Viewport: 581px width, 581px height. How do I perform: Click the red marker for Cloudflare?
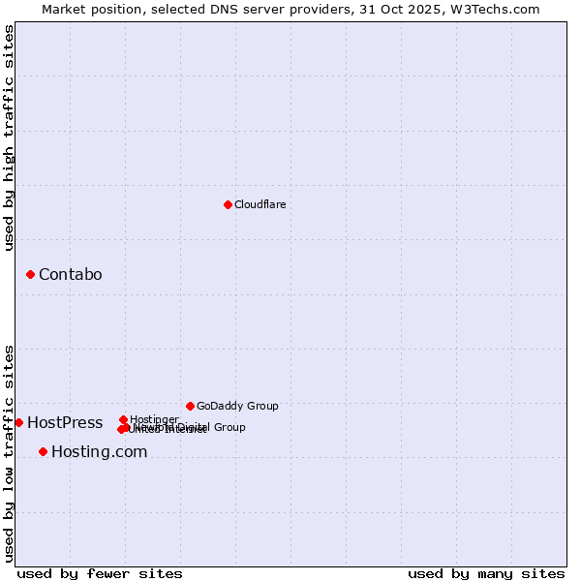(228, 204)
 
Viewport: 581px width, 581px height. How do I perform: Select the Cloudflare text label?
(260, 204)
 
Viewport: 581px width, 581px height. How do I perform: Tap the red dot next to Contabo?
(30, 274)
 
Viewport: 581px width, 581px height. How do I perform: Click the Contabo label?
(70, 274)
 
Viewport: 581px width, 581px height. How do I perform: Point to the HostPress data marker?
(18, 422)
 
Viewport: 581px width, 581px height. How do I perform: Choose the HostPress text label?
(65, 422)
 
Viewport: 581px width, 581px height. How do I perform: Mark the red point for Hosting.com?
(43, 451)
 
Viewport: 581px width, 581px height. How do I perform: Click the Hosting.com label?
(99, 451)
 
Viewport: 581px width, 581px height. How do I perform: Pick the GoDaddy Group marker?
(190, 406)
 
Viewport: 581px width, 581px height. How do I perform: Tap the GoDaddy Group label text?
(237, 406)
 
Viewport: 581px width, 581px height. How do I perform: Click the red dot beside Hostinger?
(123, 419)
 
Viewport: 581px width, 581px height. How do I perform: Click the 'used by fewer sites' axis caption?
(100, 573)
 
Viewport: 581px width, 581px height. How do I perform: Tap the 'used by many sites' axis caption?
(486, 573)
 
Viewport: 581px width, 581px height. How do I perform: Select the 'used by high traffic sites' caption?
(9, 138)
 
